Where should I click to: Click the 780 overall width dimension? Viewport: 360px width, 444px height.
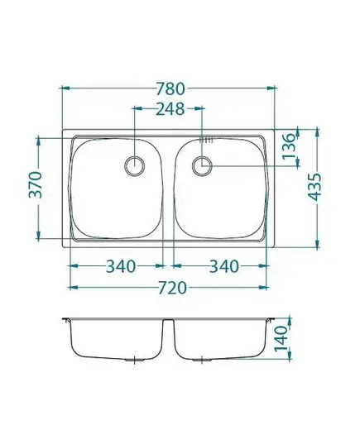pyautogui.click(x=170, y=88)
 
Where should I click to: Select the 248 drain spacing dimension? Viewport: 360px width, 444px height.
pyautogui.click(x=170, y=109)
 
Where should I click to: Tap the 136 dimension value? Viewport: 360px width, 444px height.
pyautogui.click(x=289, y=146)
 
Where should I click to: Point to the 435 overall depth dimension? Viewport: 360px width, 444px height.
pyautogui.click(x=314, y=187)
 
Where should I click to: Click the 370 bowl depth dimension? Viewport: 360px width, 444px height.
pyautogui.click(x=36, y=184)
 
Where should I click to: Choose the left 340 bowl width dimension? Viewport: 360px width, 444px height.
pyautogui.click(x=121, y=266)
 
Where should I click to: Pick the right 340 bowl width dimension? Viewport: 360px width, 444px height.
pyautogui.click(x=224, y=266)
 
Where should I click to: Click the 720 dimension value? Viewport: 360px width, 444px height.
pyautogui.click(x=172, y=288)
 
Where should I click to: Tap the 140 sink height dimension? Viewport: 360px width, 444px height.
pyautogui.click(x=281, y=338)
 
